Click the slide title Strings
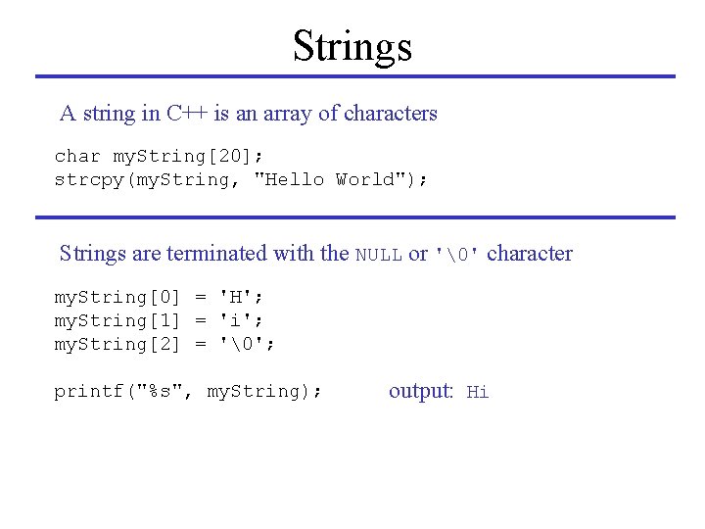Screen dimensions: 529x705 (x=352, y=46)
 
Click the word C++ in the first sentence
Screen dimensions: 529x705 (x=186, y=113)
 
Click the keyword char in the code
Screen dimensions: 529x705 (x=77, y=156)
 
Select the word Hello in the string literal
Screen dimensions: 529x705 (x=295, y=179)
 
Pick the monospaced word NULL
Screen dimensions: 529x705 (x=378, y=255)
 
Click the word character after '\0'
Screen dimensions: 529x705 (x=529, y=254)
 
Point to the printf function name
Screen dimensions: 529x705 (x=89, y=391)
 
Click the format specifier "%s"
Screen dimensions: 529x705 (x=160, y=391)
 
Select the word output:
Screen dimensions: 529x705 (x=421, y=391)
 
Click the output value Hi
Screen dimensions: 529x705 (x=478, y=392)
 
